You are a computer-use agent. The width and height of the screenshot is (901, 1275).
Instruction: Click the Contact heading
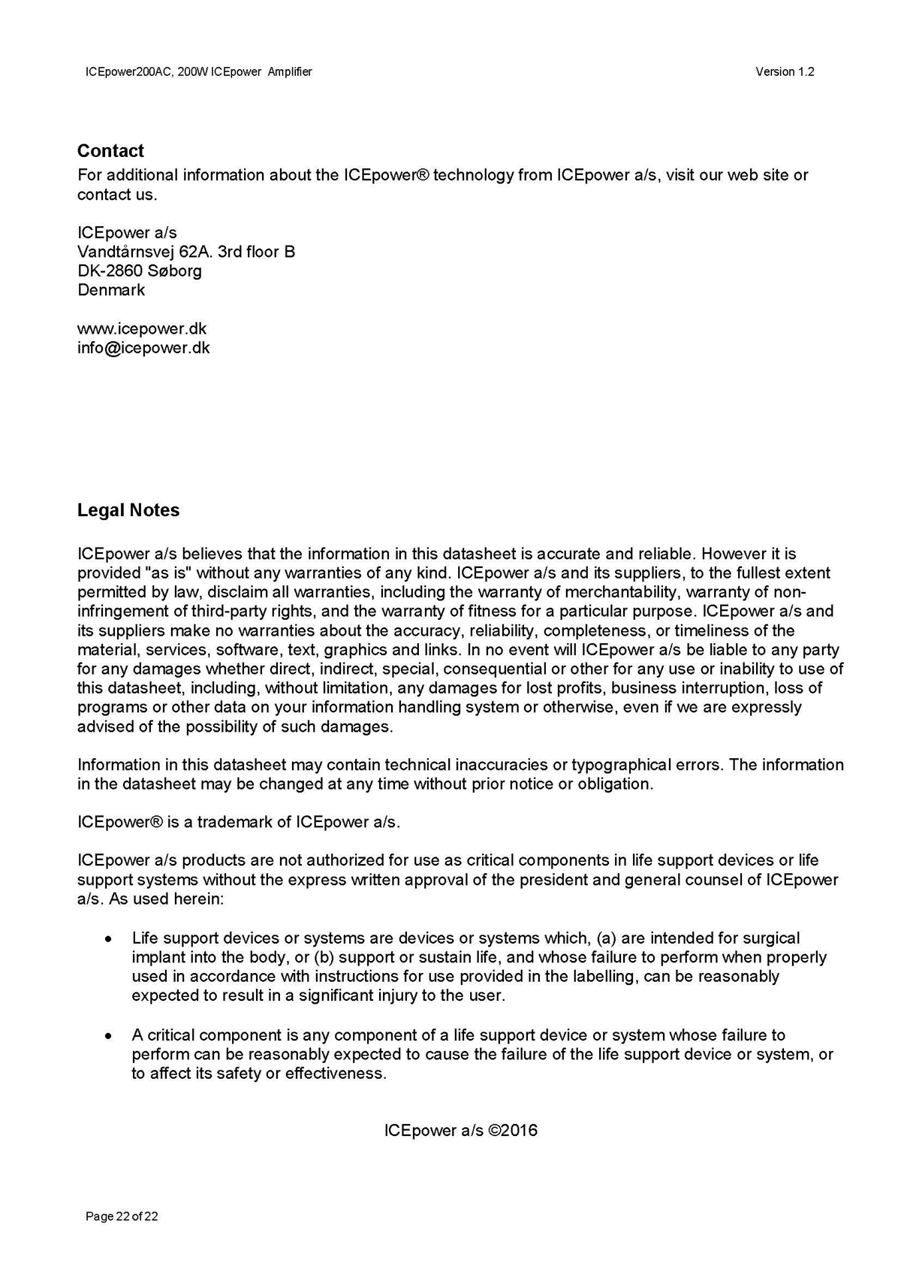point(110,151)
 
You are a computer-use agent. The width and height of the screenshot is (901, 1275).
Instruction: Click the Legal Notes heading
point(128,510)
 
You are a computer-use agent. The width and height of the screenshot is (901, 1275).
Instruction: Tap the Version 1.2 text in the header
point(785,72)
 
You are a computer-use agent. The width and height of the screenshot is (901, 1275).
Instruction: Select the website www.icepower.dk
point(142,329)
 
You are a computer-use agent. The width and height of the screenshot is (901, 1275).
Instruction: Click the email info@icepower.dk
point(143,348)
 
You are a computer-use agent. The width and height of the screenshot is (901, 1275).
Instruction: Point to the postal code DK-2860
point(110,271)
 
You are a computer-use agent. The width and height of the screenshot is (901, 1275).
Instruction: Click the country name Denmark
point(111,290)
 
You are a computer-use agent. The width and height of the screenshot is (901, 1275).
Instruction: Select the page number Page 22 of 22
point(122,1216)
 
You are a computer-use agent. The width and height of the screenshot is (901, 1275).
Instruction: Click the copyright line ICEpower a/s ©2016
point(460,1131)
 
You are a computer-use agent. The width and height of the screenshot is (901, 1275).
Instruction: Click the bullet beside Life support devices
point(110,939)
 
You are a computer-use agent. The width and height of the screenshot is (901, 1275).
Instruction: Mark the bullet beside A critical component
point(110,1036)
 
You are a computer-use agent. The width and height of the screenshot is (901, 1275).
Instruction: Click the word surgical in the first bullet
point(771,938)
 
